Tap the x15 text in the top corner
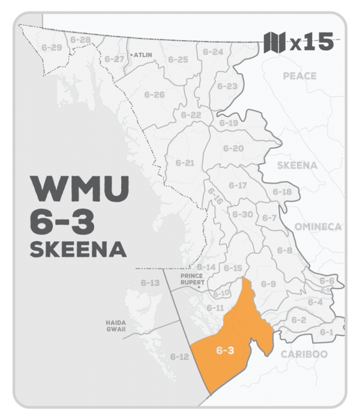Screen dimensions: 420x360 pos(311,43)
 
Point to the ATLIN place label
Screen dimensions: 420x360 pos(143,54)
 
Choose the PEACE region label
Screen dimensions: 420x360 pos(299,76)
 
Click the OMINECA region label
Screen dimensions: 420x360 pos(317,226)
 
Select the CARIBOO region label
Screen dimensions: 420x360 pos(304,354)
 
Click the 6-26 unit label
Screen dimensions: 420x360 pos(154,95)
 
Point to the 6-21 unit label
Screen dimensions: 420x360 pos(185,162)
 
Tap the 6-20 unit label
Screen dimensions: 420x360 pos(233,148)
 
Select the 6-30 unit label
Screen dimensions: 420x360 pos(242,214)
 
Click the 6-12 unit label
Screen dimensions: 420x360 pos(179,357)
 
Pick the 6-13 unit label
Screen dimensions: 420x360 pos(151,283)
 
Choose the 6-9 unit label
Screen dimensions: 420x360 pos(268,284)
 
